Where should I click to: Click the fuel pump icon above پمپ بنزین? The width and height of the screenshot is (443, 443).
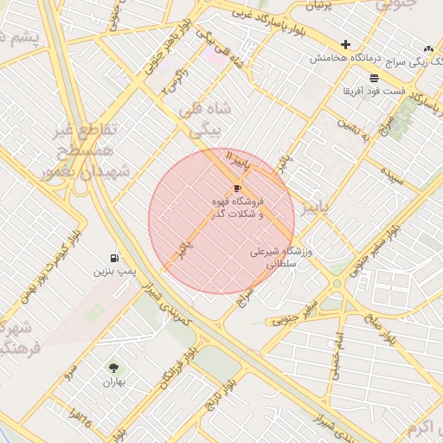115,258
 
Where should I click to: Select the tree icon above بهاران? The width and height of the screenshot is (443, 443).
114,368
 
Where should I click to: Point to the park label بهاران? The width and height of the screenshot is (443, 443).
114,382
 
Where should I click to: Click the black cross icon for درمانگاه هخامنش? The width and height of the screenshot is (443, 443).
346,44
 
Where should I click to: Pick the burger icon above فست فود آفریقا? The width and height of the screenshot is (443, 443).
374,77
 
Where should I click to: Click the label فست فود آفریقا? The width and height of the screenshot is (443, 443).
373,90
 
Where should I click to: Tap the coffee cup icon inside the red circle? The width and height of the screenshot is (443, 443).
237,188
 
